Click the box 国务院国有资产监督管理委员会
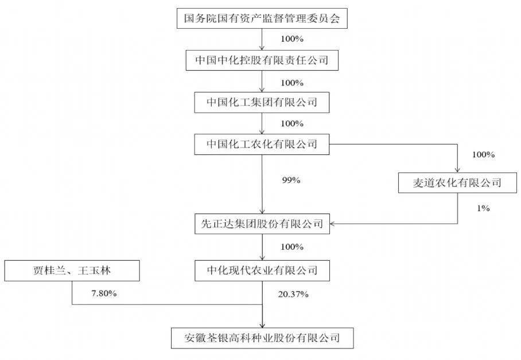pyautogui.click(x=262, y=18)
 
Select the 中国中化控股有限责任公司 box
pyautogui.click(x=262, y=60)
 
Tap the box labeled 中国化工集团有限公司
pyautogui.click(x=262, y=102)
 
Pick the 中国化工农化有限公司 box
pyautogui.click(x=262, y=144)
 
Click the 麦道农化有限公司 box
pyautogui.click(x=457, y=183)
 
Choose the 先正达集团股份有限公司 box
pyautogui.click(x=262, y=224)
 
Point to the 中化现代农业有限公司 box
pyautogui.click(x=262, y=270)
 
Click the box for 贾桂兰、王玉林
pyautogui.click(x=72, y=270)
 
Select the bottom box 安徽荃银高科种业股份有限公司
pyautogui.click(x=262, y=338)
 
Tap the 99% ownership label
pyautogui.click(x=291, y=180)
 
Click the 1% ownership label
pyautogui.click(x=484, y=208)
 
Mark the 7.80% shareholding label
pyautogui.click(x=104, y=293)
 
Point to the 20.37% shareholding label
pyautogui.click(x=293, y=294)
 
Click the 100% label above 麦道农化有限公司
pyautogui.click(x=484, y=154)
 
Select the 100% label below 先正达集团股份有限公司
pyautogui.click(x=292, y=247)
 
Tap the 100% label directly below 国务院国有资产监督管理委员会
pyautogui.click(x=292, y=39)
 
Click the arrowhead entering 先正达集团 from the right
pyautogui.click(x=332, y=224)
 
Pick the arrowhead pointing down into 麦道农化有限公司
pyautogui.click(x=457, y=170)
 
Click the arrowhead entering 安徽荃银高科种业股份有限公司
pyautogui.click(x=262, y=326)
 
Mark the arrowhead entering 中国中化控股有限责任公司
pyautogui.click(x=262, y=48)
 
